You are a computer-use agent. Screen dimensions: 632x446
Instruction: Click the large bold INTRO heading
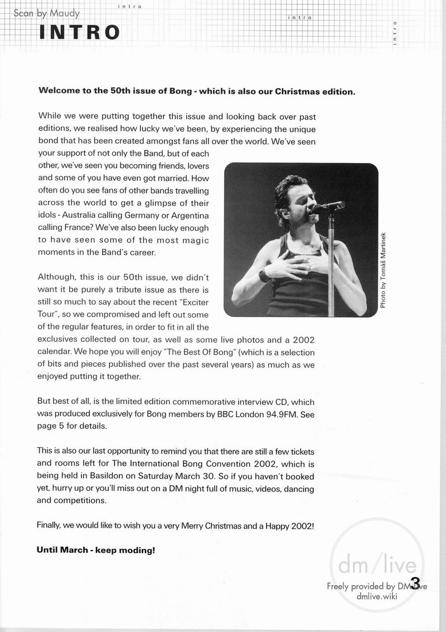[x=79, y=32]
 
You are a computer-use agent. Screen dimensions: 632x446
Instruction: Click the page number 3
[x=415, y=582]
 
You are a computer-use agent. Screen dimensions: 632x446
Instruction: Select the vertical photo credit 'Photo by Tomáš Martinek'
[x=383, y=270]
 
